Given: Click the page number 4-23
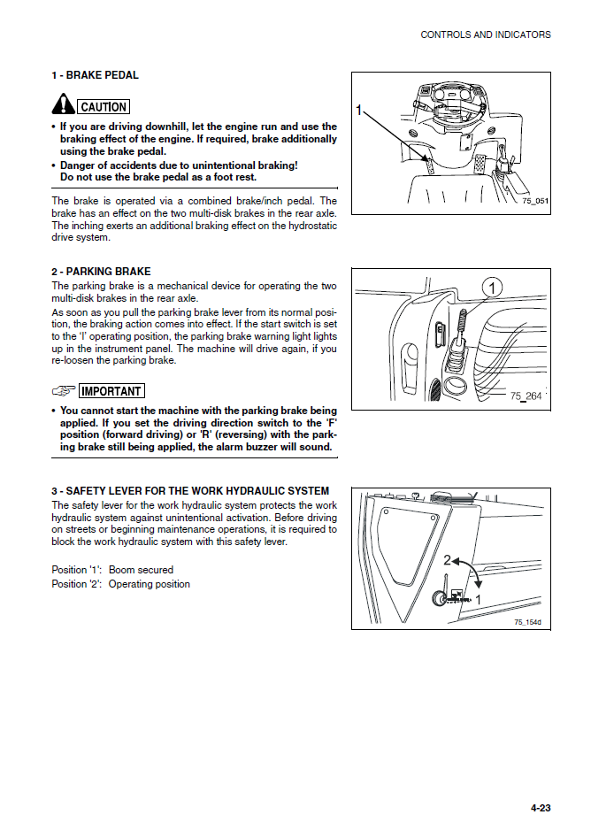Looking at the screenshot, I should [x=541, y=808].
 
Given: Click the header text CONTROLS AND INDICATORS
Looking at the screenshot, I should [x=485, y=35].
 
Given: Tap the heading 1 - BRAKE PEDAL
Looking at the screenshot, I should [x=95, y=75].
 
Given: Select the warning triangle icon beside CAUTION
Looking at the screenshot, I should [x=63, y=105].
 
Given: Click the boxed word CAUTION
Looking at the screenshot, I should [x=104, y=107].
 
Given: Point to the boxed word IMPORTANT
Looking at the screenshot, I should [x=111, y=391].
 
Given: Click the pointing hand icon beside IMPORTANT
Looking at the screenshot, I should [x=64, y=391].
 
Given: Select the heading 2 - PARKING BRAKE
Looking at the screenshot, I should [x=101, y=272].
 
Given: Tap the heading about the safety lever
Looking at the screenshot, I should [x=190, y=491].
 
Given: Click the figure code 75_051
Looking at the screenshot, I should [x=534, y=202].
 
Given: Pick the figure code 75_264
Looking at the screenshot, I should [x=526, y=396].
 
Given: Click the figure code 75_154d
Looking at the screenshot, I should [x=527, y=622].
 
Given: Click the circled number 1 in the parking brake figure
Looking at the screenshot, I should [x=493, y=287].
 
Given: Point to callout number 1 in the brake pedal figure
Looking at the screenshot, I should [x=359, y=110].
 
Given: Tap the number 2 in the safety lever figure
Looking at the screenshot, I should [x=448, y=561].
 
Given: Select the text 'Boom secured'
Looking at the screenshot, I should [x=141, y=570].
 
